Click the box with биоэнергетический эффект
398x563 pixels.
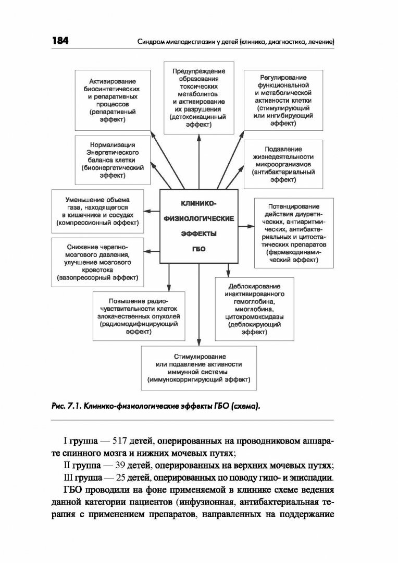coord(112,160)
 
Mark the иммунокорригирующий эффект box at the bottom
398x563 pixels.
coord(198,369)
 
